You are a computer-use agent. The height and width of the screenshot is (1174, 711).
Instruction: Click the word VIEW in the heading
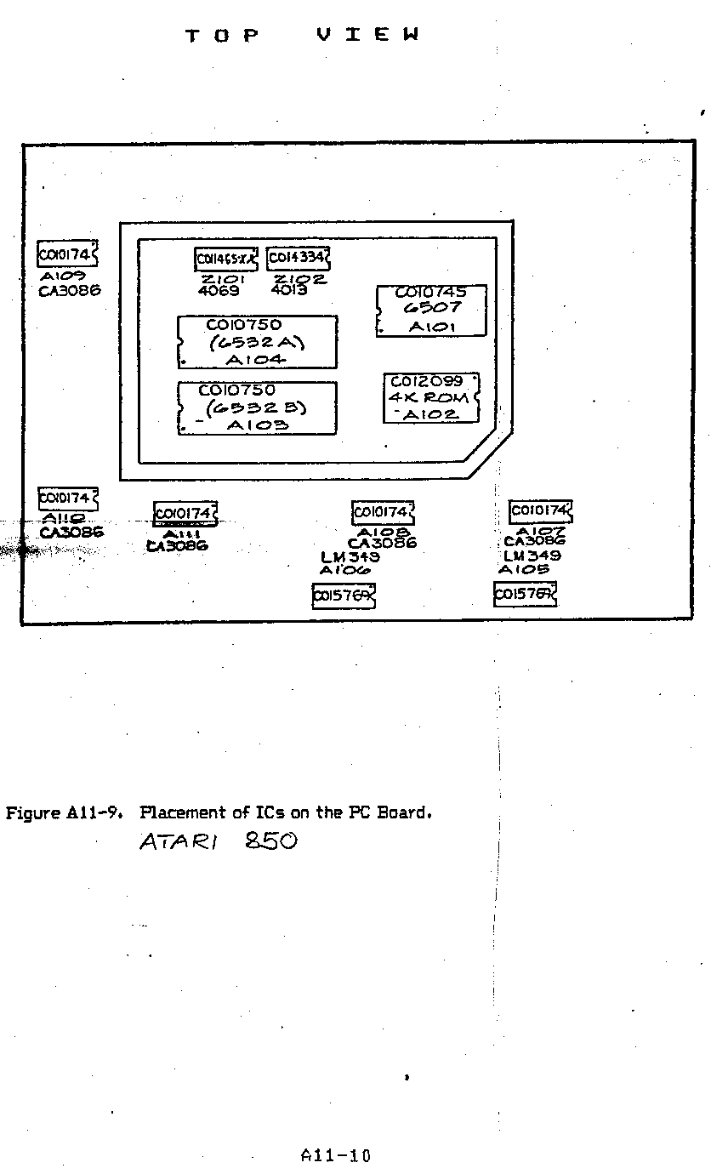tap(368, 35)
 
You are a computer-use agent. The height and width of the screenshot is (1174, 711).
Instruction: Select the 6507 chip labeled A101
tap(432, 311)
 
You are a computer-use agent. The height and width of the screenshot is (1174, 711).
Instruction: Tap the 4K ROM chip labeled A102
tap(432, 398)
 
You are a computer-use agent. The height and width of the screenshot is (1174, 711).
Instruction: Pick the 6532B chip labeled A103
tap(257, 408)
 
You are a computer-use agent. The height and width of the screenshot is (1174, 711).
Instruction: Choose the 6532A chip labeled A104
tap(257, 342)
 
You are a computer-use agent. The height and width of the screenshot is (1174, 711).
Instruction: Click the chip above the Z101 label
tap(226, 258)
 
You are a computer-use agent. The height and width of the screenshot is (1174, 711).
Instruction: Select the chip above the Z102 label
tap(298, 258)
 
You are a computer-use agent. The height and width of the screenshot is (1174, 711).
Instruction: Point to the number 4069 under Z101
tap(219, 291)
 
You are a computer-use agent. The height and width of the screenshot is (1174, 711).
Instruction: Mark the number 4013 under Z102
tap(289, 290)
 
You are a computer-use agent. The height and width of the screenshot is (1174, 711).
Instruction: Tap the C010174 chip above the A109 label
tap(67, 254)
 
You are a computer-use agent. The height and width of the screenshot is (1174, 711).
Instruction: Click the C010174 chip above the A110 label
tap(67, 499)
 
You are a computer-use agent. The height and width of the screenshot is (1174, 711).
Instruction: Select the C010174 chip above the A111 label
tap(185, 514)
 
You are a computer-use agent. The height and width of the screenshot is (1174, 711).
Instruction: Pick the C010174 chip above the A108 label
tap(383, 512)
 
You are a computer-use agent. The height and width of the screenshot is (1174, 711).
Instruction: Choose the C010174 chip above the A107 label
tap(541, 511)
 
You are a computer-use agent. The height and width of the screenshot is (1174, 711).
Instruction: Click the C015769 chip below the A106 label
tap(344, 596)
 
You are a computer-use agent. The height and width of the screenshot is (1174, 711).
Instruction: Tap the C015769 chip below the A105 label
tap(525, 594)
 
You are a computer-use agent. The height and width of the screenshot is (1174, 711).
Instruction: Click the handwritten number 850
tap(270, 841)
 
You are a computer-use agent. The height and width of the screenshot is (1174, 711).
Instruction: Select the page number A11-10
tap(336, 1156)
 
